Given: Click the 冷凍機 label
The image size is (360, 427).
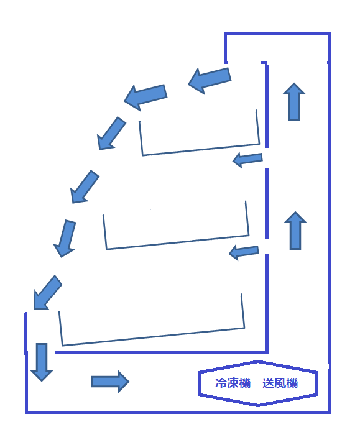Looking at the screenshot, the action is point(233,383).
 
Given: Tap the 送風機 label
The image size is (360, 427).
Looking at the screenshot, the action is point(280,383).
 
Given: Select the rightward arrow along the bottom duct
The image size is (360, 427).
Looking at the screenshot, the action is point(110,382).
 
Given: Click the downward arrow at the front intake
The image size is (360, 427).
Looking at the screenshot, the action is point(42,362).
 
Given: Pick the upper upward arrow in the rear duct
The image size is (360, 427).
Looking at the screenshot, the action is point(294,101).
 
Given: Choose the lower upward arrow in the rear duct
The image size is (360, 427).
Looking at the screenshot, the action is point(295,231).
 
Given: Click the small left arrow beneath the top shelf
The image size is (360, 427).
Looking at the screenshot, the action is point(247,160).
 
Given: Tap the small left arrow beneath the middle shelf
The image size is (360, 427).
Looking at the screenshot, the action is point(244,252).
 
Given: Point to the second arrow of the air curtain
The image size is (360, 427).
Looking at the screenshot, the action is point(145,98).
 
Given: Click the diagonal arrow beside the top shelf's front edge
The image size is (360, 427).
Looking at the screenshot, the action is point(111,134).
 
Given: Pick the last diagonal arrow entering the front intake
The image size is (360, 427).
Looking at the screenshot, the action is point(47,293).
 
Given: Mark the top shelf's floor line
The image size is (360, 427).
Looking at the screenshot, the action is point(201,150).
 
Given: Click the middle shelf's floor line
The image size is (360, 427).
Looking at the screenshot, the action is point(178,242).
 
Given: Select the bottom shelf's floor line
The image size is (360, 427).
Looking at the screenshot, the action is point(154,337).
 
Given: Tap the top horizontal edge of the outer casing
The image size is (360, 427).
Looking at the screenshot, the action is point(277,33).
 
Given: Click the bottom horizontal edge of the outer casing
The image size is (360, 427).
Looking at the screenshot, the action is point(178,412).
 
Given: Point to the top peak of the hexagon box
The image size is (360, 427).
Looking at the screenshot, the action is point(258,361).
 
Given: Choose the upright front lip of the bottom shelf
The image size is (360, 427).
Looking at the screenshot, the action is point(60,328).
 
